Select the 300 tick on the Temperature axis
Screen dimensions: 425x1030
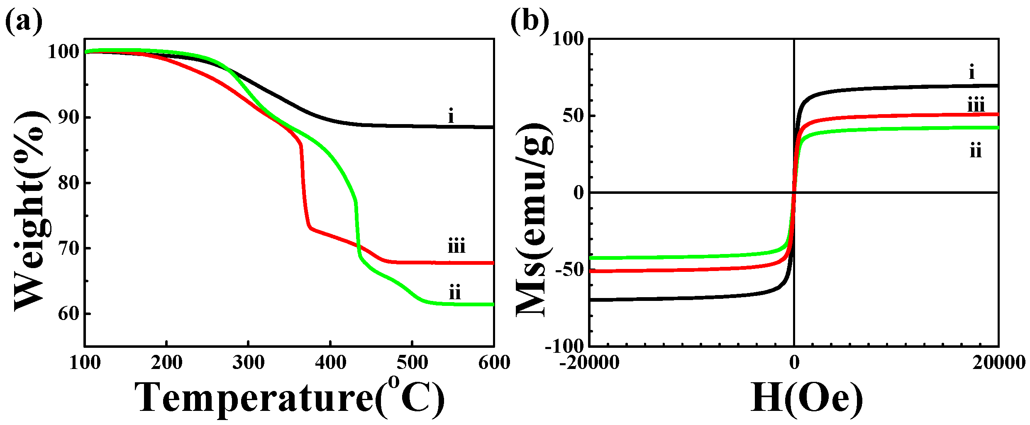pos(248,363)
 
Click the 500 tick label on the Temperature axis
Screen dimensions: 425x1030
pos(412,363)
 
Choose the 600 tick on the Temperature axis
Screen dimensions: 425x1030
pos(494,363)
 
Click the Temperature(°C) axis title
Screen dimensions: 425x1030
pos(289,398)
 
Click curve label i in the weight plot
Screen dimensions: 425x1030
pos(451,116)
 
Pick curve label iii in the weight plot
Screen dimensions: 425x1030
pos(456,247)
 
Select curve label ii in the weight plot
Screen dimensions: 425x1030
pos(455,293)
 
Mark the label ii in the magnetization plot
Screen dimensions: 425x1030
pos(976,151)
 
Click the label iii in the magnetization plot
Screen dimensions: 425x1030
pos(976,105)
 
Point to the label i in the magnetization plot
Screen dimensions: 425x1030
pos(971,73)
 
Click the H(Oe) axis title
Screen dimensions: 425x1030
pos(806,398)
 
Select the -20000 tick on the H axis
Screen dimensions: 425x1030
pos(589,363)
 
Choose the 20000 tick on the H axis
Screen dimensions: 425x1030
pos(998,363)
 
